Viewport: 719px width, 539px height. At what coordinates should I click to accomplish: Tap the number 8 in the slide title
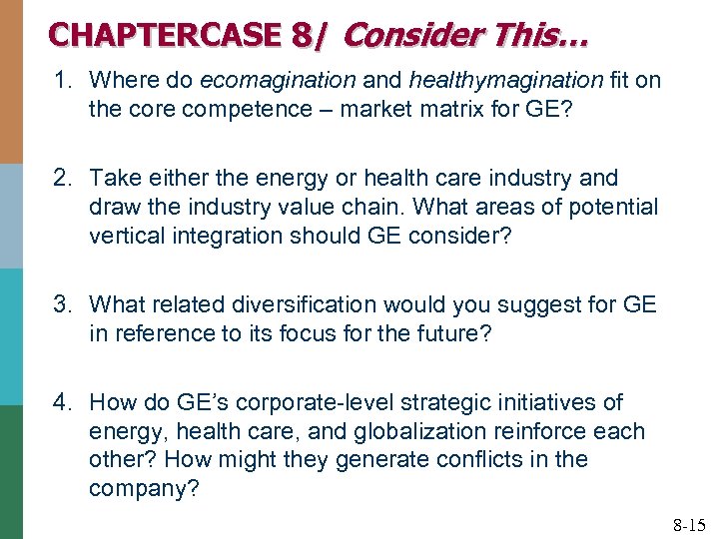(303, 35)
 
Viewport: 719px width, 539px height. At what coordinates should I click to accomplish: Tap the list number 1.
(62, 81)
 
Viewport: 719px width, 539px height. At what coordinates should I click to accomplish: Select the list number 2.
(62, 178)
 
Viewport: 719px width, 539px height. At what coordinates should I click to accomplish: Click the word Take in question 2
(113, 178)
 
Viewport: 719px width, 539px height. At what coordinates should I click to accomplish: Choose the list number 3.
(62, 304)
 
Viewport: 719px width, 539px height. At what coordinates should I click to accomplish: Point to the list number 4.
(62, 402)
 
